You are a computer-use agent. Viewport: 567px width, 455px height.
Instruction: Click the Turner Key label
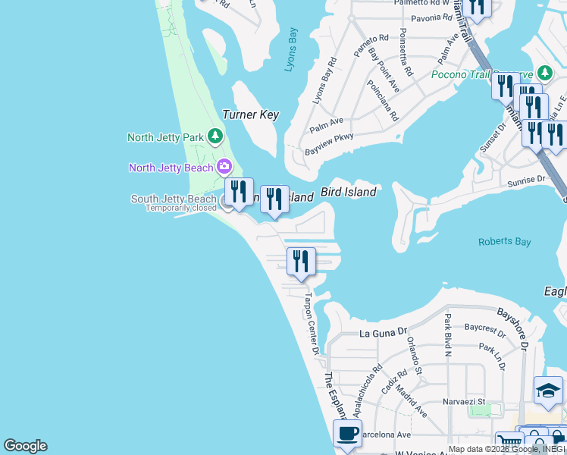click(x=250, y=115)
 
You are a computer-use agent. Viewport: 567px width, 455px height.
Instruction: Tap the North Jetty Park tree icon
click(x=216, y=136)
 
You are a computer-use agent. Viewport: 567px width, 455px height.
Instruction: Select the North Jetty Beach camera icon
click(x=224, y=167)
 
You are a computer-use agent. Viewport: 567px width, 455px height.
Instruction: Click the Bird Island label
click(x=348, y=193)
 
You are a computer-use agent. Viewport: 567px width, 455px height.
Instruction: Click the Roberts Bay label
click(x=504, y=242)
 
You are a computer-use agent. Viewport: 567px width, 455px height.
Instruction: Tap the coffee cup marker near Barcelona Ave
click(x=347, y=434)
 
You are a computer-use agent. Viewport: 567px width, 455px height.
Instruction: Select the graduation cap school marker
click(x=547, y=391)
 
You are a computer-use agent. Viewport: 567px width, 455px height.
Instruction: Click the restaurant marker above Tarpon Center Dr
click(x=301, y=262)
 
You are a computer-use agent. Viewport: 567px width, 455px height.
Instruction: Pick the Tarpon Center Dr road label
click(x=312, y=323)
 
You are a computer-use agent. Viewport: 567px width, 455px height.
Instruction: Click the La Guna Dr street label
click(x=384, y=333)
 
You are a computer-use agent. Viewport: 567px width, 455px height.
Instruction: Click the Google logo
click(x=25, y=446)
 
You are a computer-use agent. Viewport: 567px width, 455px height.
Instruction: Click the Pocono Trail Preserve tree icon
click(x=544, y=74)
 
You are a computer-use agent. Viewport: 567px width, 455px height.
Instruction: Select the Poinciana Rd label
click(x=383, y=101)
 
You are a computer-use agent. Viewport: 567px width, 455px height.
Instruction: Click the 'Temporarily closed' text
click(x=180, y=209)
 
